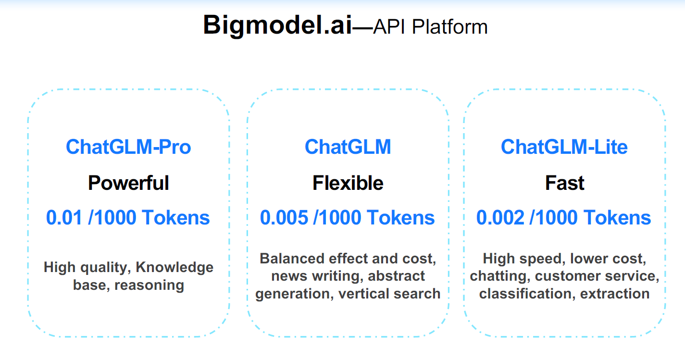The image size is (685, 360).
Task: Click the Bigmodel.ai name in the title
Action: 278,25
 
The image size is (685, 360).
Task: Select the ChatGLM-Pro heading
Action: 128,147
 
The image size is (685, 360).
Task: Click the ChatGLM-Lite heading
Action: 564,147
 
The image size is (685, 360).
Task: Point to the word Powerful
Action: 128,183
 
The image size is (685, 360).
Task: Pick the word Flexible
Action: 348,183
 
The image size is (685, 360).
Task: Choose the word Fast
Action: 565,183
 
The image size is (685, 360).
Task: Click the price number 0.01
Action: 64,218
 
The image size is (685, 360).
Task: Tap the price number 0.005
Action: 284,218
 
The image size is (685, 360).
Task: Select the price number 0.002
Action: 500,218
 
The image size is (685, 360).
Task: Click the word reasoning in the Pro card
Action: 149,285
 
